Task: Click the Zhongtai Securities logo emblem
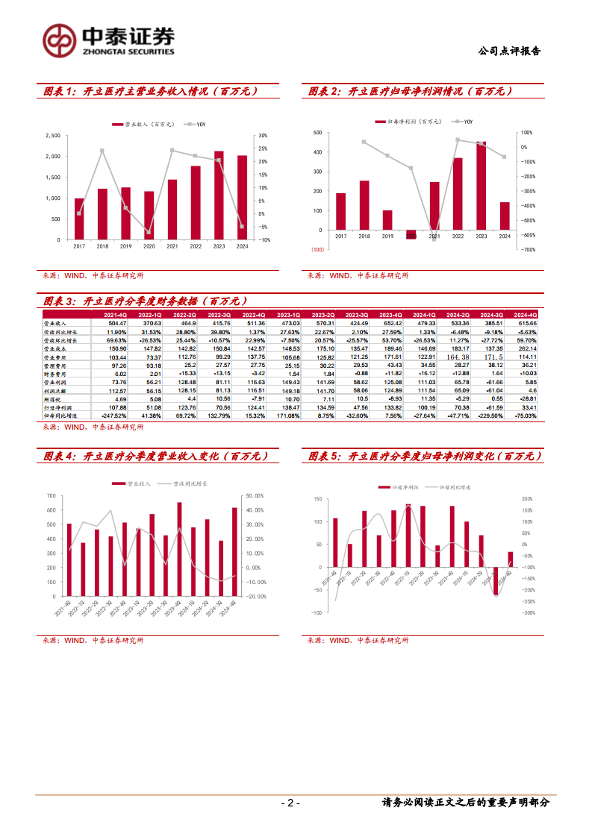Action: tap(58, 41)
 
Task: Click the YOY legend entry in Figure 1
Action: tap(196, 124)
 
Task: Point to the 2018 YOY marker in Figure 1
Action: tap(102, 151)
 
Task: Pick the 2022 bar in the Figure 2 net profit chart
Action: tap(457, 194)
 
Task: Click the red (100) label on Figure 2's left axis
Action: tap(317, 250)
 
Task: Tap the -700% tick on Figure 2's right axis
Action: tap(526, 250)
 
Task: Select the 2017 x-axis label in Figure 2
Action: tap(340, 236)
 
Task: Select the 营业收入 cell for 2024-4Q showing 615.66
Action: tap(526, 323)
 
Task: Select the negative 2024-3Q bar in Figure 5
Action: tap(495, 581)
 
